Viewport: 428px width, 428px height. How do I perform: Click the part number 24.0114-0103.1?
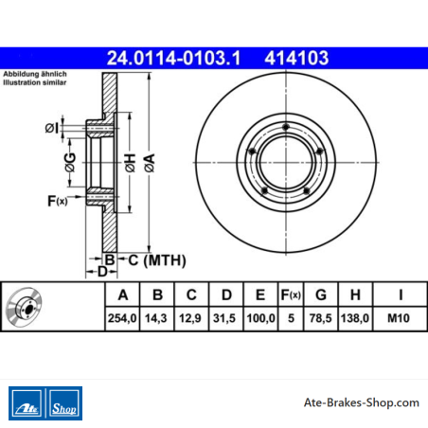coord(173,59)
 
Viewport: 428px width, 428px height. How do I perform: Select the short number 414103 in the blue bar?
coord(296,59)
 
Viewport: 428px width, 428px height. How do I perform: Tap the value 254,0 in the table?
coord(122,318)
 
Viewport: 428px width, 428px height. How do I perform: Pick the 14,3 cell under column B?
coord(156,318)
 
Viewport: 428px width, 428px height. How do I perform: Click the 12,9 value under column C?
coord(190,318)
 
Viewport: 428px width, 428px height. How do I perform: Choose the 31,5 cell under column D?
coord(224,318)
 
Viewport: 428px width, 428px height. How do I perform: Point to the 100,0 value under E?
coord(260,318)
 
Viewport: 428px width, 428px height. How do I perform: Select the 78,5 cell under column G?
coord(320,318)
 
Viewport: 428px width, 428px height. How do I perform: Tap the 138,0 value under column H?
coord(355,318)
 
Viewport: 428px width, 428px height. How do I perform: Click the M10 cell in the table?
coord(399,318)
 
